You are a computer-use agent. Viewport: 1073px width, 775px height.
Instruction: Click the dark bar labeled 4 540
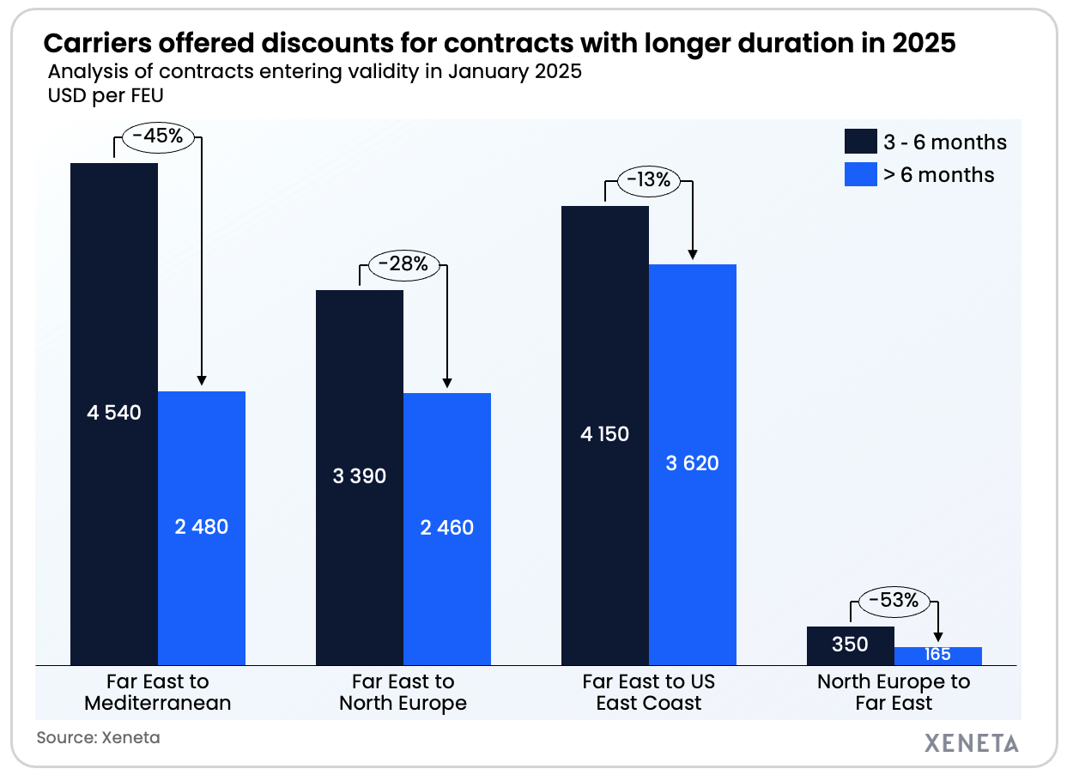pos(114,413)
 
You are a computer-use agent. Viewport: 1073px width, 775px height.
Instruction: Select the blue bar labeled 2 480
pos(202,527)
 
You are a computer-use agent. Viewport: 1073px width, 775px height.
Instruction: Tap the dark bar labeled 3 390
pos(360,476)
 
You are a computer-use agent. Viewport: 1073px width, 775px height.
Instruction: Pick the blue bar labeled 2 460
pos(447,528)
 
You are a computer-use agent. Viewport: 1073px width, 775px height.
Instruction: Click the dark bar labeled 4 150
pos(604,434)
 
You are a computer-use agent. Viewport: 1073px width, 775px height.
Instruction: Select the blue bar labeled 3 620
pos(692,463)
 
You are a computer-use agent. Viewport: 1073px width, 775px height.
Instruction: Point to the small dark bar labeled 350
pos(850,645)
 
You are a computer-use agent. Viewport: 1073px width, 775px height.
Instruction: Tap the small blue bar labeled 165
pos(937,656)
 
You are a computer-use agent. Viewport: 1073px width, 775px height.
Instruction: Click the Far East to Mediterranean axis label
pos(157,693)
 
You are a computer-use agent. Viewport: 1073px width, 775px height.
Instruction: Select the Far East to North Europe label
pos(403,693)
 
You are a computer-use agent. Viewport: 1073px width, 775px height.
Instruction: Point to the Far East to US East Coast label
pos(648,693)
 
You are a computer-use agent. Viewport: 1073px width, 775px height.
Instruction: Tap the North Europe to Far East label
pos(893,693)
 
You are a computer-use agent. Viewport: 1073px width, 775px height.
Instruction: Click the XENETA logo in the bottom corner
pos(972,742)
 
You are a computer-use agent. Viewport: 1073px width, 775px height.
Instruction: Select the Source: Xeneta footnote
pos(98,736)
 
